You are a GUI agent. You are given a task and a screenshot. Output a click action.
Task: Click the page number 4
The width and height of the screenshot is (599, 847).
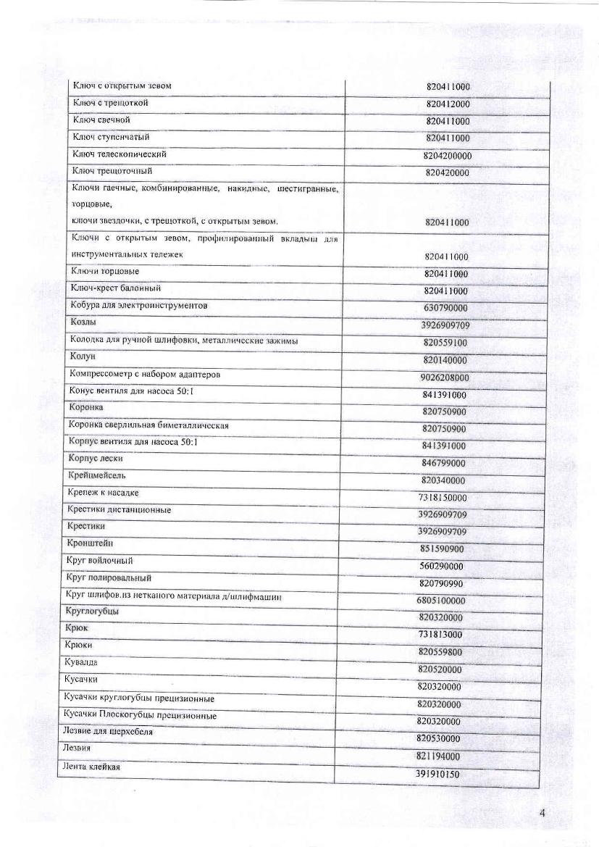click(x=542, y=812)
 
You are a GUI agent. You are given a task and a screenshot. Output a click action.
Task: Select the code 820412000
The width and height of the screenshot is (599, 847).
click(x=448, y=104)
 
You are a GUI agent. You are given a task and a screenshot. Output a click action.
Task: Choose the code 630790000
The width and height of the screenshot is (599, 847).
click(x=445, y=308)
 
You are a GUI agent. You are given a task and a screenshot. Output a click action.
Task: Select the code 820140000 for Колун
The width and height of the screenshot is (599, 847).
click(x=445, y=360)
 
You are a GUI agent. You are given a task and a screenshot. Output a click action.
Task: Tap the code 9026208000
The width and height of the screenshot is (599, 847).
click(x=445, y=377)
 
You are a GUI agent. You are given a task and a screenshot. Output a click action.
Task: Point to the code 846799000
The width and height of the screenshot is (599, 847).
click(x=443, y=463)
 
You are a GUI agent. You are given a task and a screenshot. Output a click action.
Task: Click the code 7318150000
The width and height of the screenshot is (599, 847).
click(x=443, y=498)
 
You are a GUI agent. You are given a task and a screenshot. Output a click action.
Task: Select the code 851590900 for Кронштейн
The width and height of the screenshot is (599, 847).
click(x=442, y=548)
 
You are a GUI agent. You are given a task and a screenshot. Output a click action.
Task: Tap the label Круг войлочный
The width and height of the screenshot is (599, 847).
click(x=99, y=561)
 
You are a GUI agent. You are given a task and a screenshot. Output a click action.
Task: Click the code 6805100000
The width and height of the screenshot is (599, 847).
click(x=441, y=601)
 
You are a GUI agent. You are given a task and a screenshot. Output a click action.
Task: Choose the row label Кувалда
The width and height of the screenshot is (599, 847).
click(x=81, y=662)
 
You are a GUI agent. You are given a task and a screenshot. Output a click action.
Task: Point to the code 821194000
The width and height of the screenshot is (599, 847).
click(x=439, y=756)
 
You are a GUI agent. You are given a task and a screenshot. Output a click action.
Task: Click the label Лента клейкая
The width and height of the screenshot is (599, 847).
click(x=91, y=767)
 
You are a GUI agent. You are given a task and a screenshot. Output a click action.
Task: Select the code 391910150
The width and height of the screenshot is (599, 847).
click(x=437, y=774)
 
